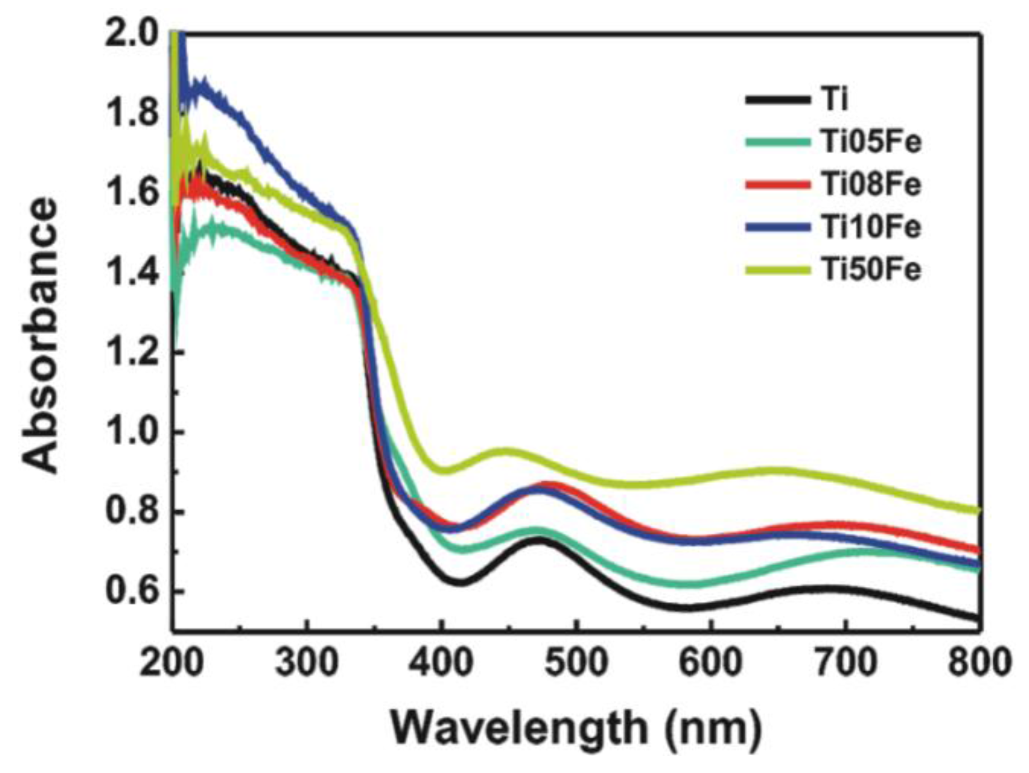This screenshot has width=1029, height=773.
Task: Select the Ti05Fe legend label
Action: point(870,142)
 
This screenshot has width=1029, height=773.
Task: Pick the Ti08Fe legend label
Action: point(870,184)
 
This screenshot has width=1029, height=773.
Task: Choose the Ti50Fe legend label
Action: point(870,270)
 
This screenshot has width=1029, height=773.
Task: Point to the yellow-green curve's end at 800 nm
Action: point(978,510)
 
